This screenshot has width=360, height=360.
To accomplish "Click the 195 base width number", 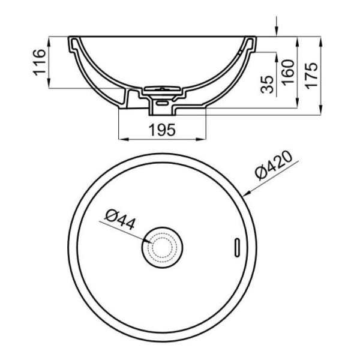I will point(161,129).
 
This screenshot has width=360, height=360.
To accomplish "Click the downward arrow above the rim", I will point(277,30).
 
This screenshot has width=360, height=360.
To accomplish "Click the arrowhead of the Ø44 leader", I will point(148,241).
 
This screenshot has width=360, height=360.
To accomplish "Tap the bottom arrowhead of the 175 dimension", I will point(321,112).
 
